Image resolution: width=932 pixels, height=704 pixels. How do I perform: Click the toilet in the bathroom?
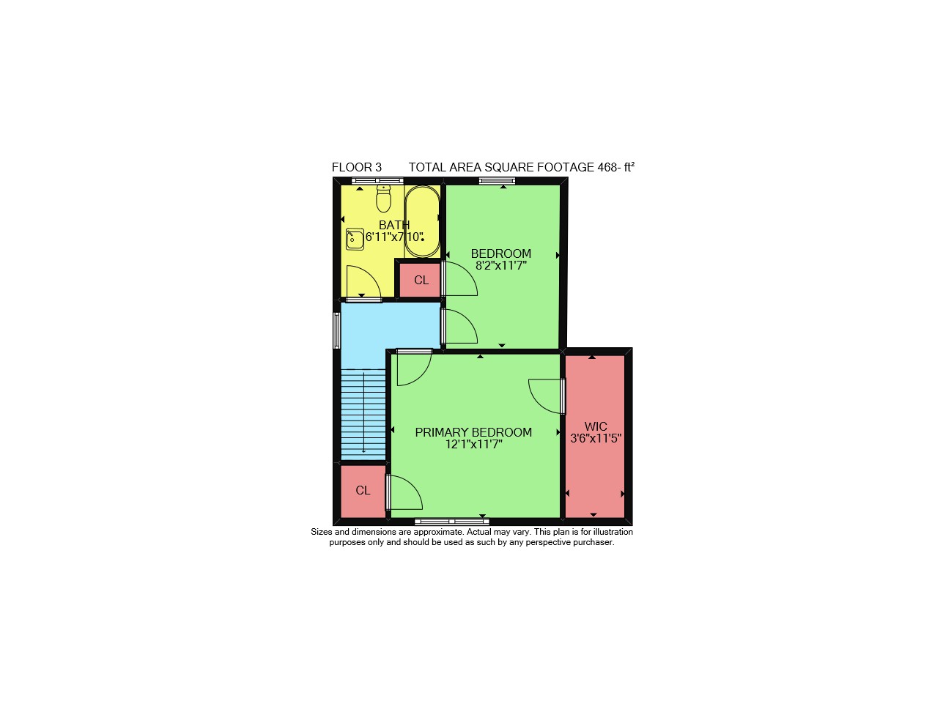coord(383,199)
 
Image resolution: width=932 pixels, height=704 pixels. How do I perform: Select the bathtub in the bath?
coord(421,221)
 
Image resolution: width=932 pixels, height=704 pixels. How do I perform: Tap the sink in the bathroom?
coord(355,239)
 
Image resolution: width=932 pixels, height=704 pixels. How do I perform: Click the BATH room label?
coord(394,224)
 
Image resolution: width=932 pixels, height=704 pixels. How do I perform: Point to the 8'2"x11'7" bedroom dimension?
coord(501,266)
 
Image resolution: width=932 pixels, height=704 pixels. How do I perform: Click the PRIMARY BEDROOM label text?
coord(473,432)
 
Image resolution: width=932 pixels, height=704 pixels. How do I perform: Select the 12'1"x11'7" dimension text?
coord(473,444)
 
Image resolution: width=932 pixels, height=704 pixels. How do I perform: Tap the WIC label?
coord(596,426)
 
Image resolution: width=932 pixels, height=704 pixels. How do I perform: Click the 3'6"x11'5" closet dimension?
coord(596,438)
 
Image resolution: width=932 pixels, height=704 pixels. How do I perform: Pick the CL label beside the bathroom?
coord(421,280)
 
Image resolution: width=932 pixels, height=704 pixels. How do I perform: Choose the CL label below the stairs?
coord(363,490)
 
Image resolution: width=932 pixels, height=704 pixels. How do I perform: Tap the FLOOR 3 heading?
coord(357,167)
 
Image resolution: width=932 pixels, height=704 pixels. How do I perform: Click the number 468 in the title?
coord(607,167)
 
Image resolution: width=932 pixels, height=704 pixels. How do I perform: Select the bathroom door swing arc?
coord(369,276)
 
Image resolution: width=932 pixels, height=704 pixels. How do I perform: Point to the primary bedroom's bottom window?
coord(452,522)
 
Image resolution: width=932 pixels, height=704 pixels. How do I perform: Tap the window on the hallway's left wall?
coord(337,330)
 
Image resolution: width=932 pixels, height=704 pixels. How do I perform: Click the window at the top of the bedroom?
coord(497,181)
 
